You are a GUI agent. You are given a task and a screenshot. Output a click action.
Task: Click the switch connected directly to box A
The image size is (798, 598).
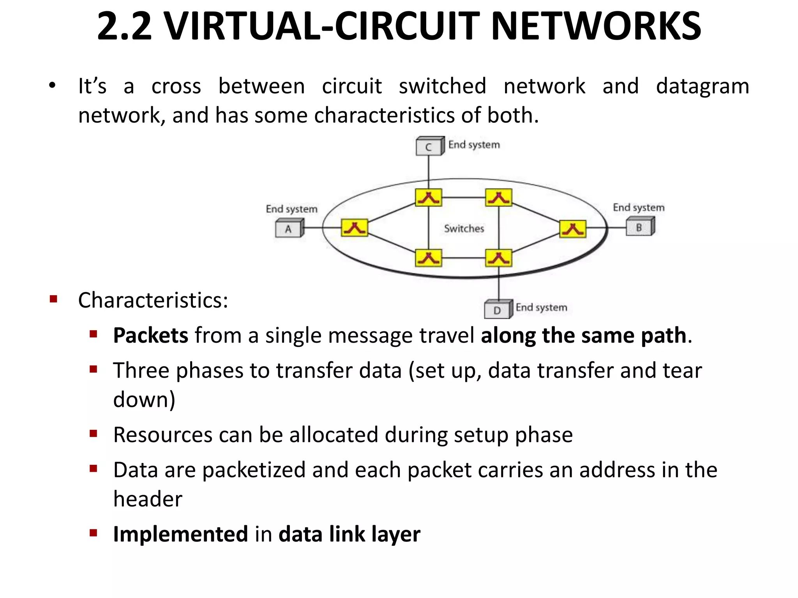coord(354,228)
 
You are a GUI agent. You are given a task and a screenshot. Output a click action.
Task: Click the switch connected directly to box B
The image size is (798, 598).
coord(572,229)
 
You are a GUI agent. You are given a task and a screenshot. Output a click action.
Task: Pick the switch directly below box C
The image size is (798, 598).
coord(428,197)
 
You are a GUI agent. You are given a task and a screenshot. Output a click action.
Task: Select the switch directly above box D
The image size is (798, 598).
coord(498,258)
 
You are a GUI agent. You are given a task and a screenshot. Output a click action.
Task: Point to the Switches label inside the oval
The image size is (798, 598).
coord(464,229)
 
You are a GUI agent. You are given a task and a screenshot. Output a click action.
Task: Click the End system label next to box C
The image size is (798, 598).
coord(474,145)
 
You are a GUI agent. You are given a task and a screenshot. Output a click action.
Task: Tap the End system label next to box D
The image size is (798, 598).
coord(541,308)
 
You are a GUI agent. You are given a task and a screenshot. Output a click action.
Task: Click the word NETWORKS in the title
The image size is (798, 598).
coord(596,26)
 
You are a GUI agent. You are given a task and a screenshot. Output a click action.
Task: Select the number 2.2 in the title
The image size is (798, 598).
coord(124,26)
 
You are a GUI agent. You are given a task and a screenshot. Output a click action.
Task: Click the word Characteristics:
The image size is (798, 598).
coord(153,300)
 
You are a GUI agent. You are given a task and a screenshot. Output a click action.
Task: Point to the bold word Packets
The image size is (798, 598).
coord(151,335)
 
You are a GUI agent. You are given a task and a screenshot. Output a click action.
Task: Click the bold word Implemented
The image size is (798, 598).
coord(180,534)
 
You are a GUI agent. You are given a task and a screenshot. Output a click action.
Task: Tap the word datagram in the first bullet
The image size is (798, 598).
coord(703,86)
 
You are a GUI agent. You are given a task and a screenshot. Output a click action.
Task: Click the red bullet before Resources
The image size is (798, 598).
coord(93,434)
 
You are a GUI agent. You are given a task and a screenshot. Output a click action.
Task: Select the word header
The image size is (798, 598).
coord(148,499)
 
